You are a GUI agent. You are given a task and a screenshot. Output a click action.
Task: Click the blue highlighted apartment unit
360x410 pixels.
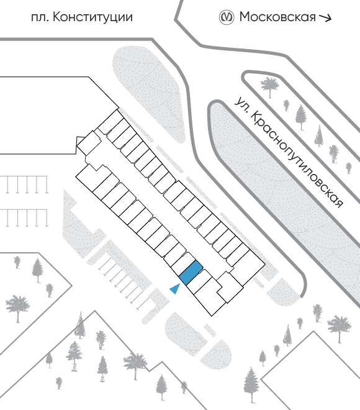(x=191, y=273)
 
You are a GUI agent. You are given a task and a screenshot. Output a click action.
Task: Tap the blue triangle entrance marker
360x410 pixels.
(x=175, y=289)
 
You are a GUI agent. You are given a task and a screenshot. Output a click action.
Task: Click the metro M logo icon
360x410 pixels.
(x=226, y=17)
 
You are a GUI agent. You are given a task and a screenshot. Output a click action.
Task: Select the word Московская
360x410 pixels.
(x=277, y=17)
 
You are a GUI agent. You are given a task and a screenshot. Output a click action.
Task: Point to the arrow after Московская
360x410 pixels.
(x=325, y=18)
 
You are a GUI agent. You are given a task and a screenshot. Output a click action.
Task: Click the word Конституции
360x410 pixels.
(x=92, y=17)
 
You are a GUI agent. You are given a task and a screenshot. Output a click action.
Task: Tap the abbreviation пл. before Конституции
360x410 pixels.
(x=40, y=18)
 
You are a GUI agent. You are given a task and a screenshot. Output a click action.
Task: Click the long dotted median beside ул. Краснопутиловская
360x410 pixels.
(x=285, y=199)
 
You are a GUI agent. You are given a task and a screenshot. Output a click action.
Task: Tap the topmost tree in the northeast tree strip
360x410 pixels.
(x=270, y=86)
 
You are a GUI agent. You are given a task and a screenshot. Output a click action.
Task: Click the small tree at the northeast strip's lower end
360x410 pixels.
(x=349, y=168)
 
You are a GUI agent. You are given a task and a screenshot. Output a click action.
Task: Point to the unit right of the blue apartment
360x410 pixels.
(x=200, y=281)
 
